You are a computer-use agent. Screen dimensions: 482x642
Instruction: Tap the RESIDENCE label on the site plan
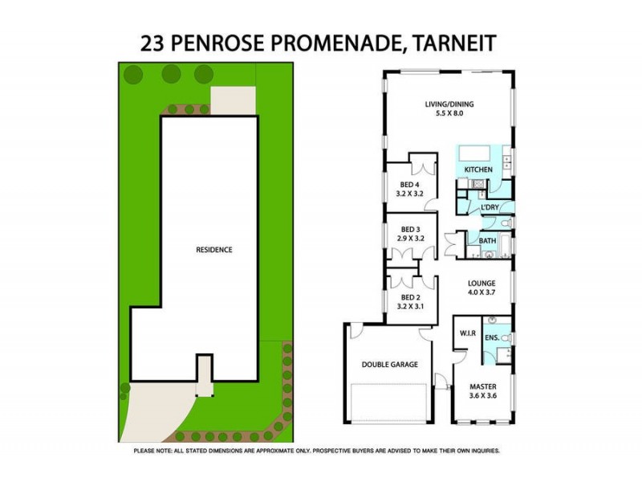[214, 250]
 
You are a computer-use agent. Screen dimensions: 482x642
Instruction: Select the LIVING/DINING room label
[448, 104]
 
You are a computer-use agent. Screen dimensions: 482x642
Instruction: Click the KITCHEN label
[480, 170]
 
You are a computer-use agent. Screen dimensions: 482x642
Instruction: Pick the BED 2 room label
[411, 296]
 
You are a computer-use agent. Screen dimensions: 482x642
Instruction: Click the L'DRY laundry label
[490, 208]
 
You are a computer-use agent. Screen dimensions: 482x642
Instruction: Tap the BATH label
[487, 241]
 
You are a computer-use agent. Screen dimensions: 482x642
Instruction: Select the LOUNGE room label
[482, 284]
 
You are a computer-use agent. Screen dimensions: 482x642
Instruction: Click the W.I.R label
[469, 333]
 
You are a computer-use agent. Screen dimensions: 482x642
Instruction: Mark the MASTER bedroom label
[482, 386]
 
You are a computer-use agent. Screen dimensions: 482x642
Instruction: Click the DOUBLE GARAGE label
[389, 365]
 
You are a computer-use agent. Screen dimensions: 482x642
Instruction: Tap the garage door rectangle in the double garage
[389, 401]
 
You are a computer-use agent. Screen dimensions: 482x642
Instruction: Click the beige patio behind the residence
[233, 103]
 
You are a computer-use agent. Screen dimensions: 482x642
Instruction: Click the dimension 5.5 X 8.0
[448, 114]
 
